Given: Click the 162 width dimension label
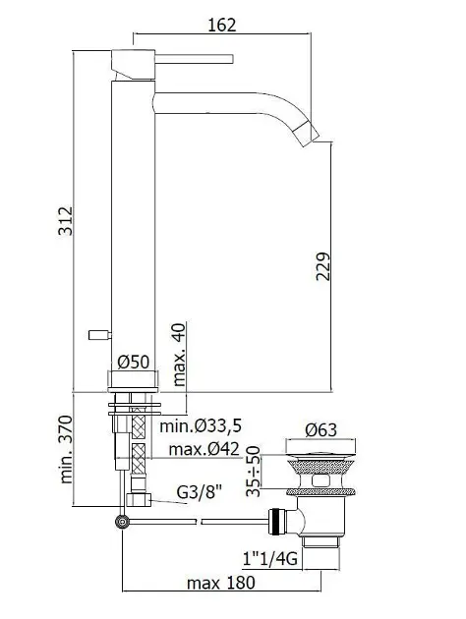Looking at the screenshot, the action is tap(222, 25).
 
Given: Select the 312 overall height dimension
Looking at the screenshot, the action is tap(66, 221).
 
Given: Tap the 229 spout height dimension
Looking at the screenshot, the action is tap(322, 266).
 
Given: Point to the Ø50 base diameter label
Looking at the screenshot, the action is tap(134, 362).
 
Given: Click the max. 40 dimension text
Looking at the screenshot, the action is tap(179, 355).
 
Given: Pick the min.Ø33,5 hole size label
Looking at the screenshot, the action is tap(201, 426).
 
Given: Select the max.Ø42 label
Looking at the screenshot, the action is tap(204, 449).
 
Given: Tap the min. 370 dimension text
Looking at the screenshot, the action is tap(66, 449).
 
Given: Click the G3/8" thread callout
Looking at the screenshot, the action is tap(199, 492).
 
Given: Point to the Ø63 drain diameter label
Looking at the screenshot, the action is tap(321, 430).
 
